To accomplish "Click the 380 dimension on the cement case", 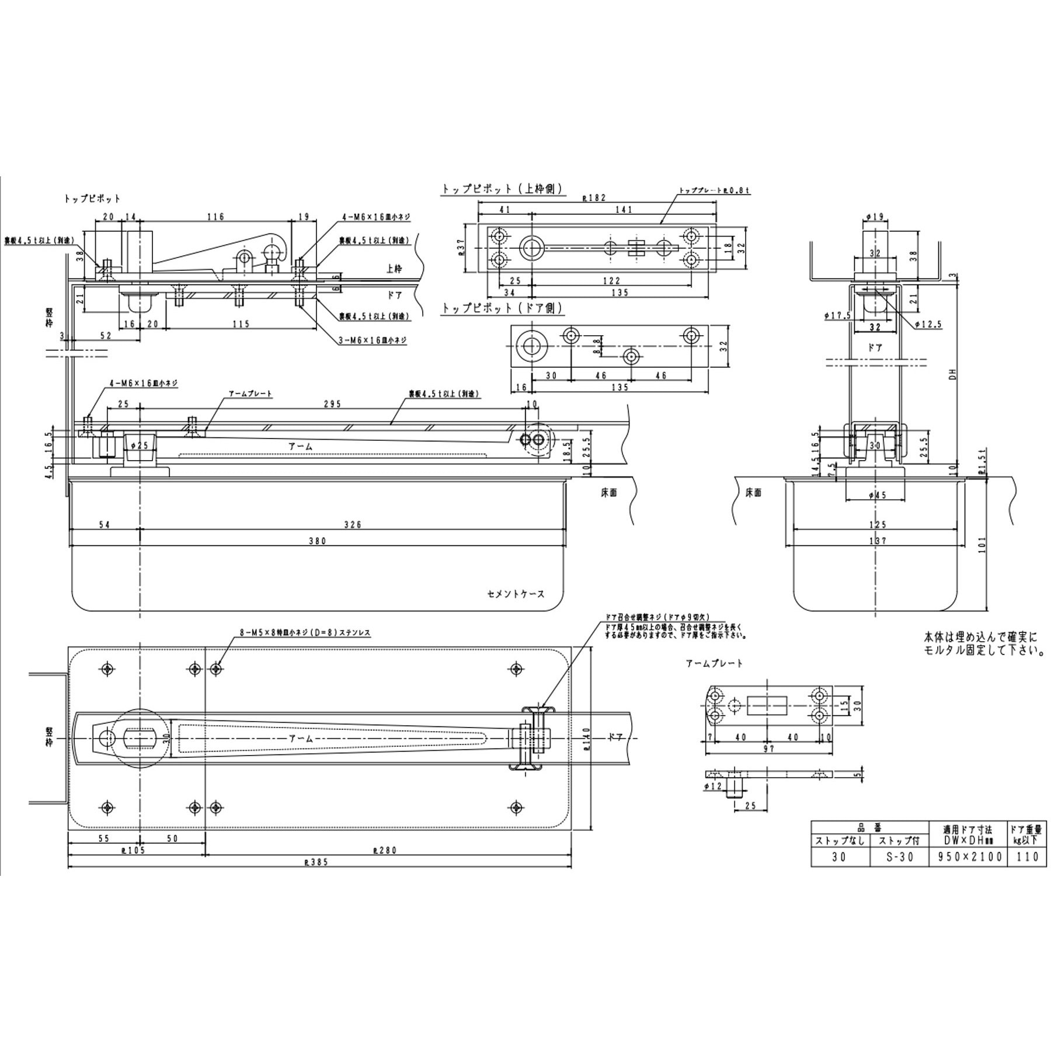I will click(x=317, y=541).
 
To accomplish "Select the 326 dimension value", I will click(x=353, y=524).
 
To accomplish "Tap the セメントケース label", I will click(x=516, y=594).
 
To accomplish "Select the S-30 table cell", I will click(x=899, y=857).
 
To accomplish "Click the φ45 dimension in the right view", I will click(x=877, y=495).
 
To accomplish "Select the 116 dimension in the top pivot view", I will click(x=215, y=217).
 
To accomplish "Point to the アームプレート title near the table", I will click(x=714, y=663).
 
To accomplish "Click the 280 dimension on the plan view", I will click(x=387, y=850).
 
